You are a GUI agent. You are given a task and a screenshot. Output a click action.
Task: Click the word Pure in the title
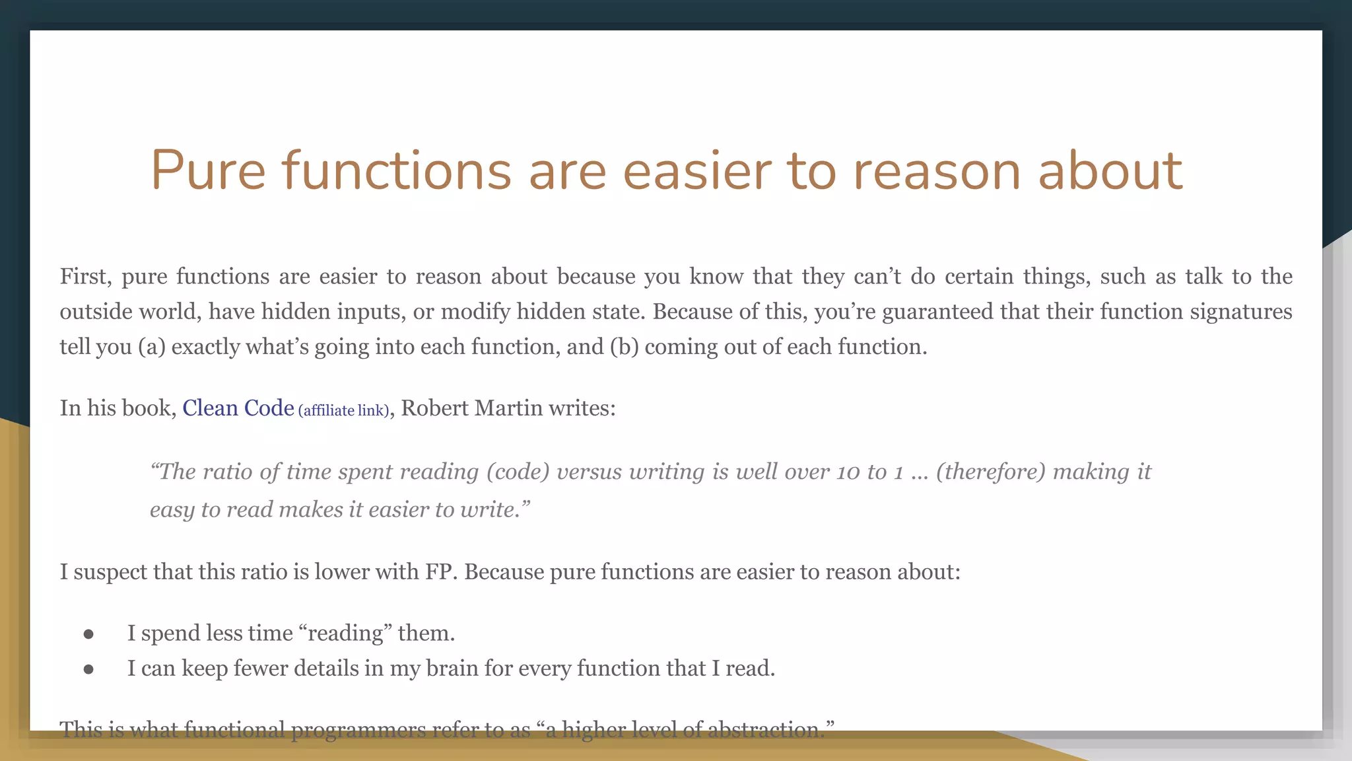tap(208, 170)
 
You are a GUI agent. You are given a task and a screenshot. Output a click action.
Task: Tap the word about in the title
tap(1110, 170)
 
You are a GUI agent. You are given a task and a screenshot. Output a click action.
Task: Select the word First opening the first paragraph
tap(85, 276)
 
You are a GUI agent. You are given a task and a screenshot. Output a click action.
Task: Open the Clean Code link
tap(238, 408)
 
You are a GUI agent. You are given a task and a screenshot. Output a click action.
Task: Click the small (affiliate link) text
tap(344, 410)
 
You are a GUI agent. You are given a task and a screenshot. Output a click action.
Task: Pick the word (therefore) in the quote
tap(991, 472)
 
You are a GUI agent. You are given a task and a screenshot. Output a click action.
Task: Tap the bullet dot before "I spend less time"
tap(88, 634)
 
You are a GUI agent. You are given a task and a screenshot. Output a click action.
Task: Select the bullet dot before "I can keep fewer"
tap(88, 669)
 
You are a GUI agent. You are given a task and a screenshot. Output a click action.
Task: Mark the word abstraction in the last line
tap(763, 729)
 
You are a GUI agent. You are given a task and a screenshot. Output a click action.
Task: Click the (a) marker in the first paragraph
tap(151, 346)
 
